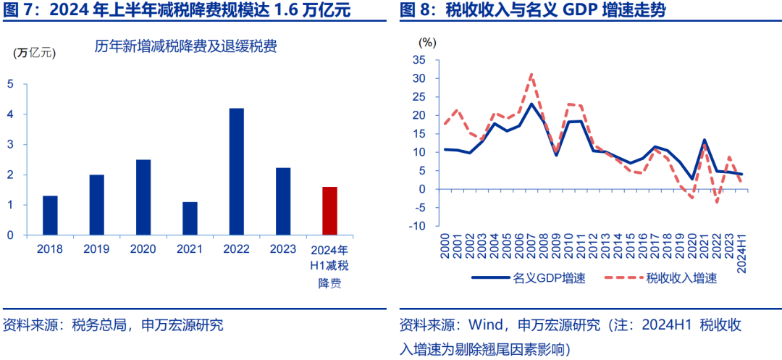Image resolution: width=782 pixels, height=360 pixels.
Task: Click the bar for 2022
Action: click(x=236, y=172)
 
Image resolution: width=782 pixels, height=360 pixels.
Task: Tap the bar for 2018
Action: click(x=50, y=215)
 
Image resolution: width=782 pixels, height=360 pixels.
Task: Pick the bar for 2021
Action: click(x=190, y=218)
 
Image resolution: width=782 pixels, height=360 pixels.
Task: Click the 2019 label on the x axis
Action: click(x=96, y=248)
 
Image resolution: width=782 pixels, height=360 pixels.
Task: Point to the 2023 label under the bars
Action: click(x=283, y=248)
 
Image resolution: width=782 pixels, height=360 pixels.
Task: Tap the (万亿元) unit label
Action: click(x=33, y=52)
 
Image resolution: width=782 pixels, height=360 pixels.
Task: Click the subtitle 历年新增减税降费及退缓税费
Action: click(x=186, y=48)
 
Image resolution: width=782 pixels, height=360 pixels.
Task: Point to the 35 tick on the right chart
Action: click(x=419, y=59)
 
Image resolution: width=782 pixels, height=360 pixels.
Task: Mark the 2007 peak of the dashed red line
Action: click(x=531, y=74)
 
